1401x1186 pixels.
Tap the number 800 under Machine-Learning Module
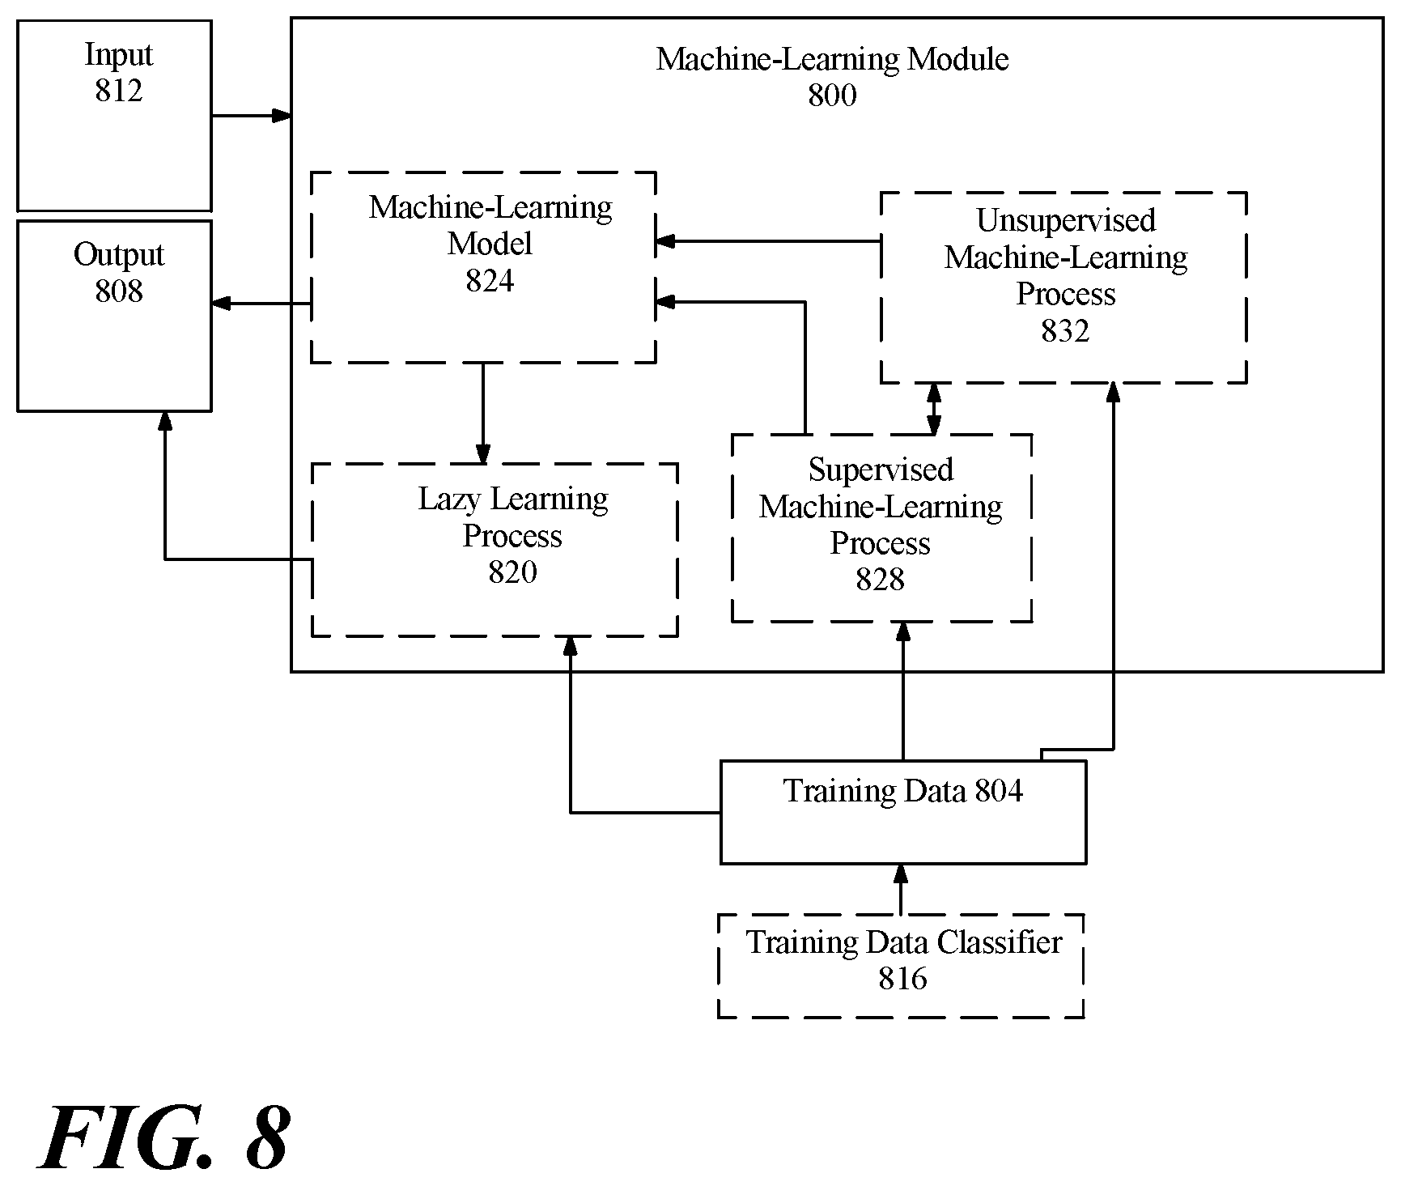pos(832,96)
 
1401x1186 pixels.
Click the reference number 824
pos(490,280)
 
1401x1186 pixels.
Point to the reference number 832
pos(1065,330)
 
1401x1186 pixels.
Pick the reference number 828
pos(880,579)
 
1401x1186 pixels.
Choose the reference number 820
pos(512,572)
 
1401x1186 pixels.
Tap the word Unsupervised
pos(1066,221)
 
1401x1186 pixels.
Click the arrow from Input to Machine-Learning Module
pos(252,116)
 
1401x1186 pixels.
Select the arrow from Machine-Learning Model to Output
pos(261,304)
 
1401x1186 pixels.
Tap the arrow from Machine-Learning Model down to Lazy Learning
pos(483,414)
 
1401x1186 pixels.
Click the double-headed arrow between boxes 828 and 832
pos(935,409)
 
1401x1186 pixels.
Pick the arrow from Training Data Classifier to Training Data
pos(901,890)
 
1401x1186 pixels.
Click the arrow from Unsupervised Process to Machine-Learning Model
pos(767,240)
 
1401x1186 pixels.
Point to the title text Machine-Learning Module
pos(832,59)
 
